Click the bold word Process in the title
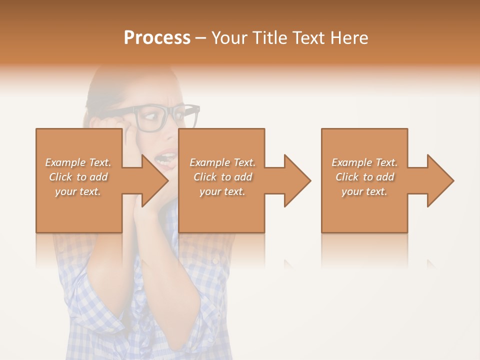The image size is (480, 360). [x=157, y=38]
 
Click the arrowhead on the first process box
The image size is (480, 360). [x=152, y=180]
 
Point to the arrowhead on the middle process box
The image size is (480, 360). [x=295, y=180]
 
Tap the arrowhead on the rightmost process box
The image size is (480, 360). [x=438, y=180]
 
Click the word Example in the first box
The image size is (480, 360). [x=65, y=162]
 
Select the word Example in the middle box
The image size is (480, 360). [x=209, y=162]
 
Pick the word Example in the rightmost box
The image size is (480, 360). [x=351, y=162]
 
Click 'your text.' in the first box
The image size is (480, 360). [x=78, y=191]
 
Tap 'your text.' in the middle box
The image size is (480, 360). [x=222, y=191]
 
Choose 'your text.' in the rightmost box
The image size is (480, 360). [x=364, y=191]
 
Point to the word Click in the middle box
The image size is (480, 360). [x=205, y=177]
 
